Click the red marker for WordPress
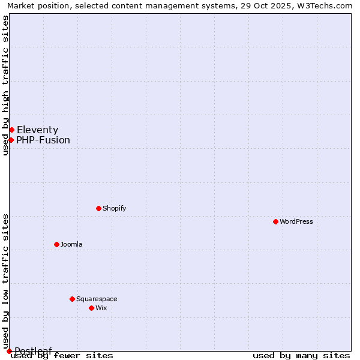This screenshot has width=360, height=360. click(275, 221)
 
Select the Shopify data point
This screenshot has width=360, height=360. click(98, 208)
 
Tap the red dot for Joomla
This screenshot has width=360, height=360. click(56, 244)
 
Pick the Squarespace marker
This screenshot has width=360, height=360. click(72, 299)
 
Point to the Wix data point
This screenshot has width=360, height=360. click(91, 308)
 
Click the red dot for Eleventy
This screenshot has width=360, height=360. click(11, 130)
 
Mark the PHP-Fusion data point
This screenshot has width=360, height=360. click(11, 140)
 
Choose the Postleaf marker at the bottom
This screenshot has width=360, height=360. click(9, 351)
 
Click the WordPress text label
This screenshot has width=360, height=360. click(296, 222)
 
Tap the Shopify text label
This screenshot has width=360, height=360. click(114, 209)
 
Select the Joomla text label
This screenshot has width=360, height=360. click(71, 245)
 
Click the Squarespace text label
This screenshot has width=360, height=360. click(97, 299)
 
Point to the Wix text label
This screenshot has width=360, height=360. click(101, 308)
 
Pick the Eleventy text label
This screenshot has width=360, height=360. click(37, 130)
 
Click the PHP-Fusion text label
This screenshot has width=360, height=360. click(43, 140)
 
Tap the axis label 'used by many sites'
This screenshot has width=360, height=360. click(301, 356)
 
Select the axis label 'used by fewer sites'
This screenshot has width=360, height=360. click(62, 356)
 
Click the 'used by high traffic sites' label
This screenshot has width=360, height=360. click(5, 85)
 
